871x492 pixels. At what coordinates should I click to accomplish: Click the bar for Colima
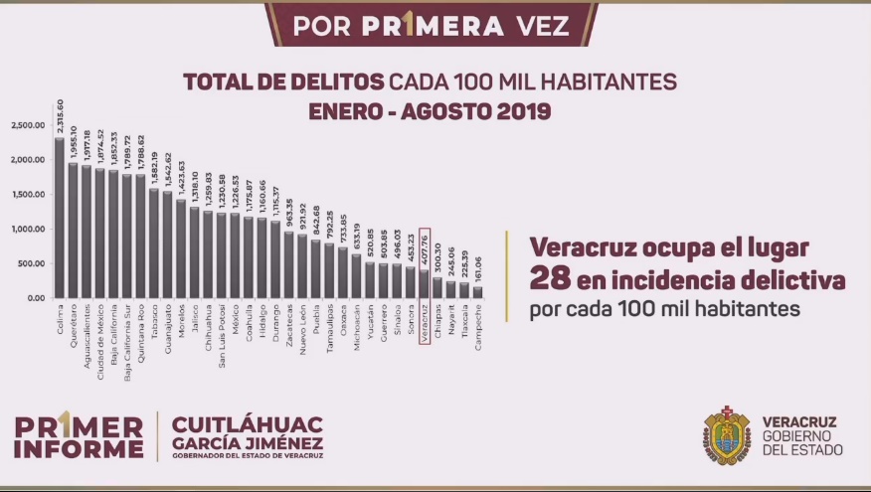(60, 219)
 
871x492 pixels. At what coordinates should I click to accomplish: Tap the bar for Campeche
(477, 292)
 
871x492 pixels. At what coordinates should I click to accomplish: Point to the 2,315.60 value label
(60, 117)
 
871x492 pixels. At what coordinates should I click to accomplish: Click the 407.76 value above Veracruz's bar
(425, 248)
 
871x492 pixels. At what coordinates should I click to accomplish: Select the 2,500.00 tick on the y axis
(29, 125)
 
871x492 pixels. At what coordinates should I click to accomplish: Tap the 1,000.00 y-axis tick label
(29, 230)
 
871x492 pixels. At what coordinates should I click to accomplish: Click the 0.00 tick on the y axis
(35, 298)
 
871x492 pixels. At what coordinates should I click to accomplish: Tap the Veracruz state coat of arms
(728, 435)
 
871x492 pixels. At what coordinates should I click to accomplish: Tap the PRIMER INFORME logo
(79, 436)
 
